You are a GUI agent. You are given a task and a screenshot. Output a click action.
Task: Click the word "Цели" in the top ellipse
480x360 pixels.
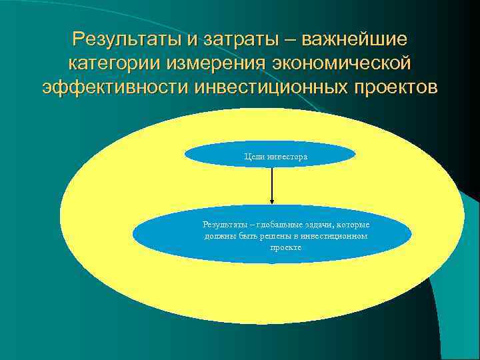pyautogui.click(x=253, y=156)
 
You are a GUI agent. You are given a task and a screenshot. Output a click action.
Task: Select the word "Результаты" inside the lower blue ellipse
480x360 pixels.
pyautogui.click(x=224, y=225)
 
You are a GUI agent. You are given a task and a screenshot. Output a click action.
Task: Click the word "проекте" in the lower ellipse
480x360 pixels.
pyautogui.click(x=285, y=247)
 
